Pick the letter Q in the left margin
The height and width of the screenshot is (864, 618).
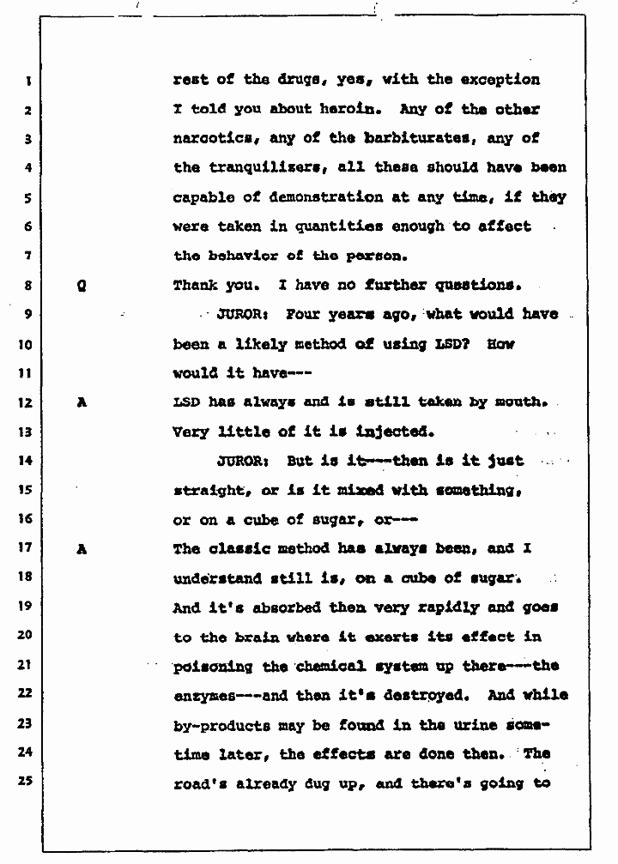pos(81,286)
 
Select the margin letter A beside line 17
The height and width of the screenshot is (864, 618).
pos(82,549)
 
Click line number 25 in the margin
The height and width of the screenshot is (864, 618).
pos(26,782)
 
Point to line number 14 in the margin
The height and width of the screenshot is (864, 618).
pos(26,461)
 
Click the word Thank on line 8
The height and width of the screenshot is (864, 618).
pos(196,285)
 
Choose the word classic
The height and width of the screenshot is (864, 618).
pos(239,549)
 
